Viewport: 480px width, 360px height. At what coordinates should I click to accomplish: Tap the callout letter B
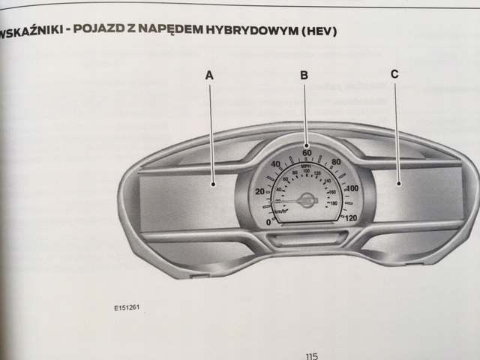304,74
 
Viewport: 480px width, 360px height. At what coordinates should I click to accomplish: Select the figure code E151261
128,306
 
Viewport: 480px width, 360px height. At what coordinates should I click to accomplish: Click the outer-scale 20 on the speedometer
259,192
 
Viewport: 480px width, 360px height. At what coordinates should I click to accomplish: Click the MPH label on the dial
306,166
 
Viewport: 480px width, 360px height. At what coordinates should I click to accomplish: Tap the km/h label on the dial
280,212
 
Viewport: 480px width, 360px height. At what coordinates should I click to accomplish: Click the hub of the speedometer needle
306,199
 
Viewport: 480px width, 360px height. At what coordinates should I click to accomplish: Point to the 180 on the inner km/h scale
331,202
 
